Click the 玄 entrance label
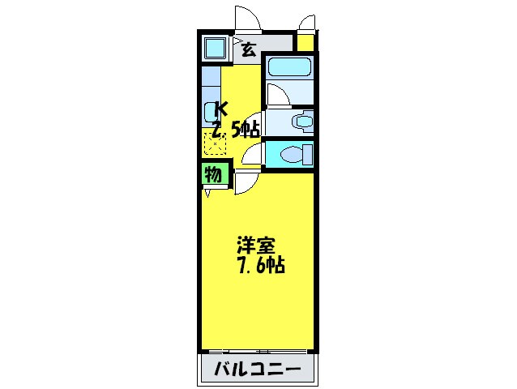pyautogui.click(x=248, y=49)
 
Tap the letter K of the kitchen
pyautogui.click(x=220, y=108)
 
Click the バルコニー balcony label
pyautogui.click(x=258, y=371)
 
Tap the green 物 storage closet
pyautogui.click(x=213, y=174)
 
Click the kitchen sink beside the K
pyautogui.click(x=212, y=111)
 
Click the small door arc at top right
pyautogui.click(x=306, y=23)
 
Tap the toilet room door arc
pyautogui.click(x=252, y=154)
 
